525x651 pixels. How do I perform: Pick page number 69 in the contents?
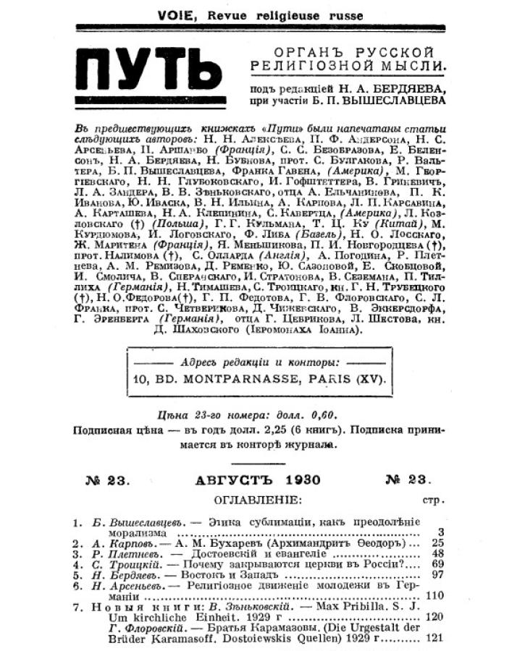pyautogui.click(x=436, y=565)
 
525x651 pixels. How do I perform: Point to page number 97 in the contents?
pyautogui.click(x=436, y=576)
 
